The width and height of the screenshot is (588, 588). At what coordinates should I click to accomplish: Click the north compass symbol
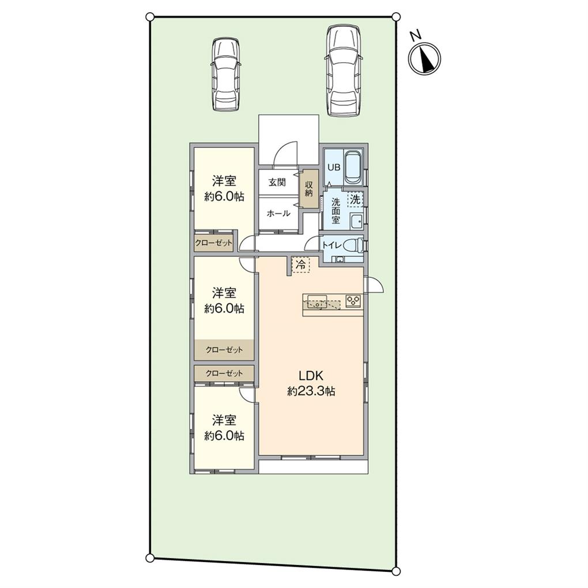pyautogui.click(x=425, y=59)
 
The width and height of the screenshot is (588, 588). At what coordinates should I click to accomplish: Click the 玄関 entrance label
pyautogui.click(x=277, y=183)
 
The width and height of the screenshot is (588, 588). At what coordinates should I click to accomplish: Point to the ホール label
pyautogui.click(x=278, y=213)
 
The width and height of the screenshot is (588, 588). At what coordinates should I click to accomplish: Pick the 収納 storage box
pyautogui.click(x=309, y=189)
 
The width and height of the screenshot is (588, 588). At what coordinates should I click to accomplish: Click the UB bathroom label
pyautogui.click(x=334, y=167)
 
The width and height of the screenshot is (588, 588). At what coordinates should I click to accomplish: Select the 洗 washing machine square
pyautogui.click(x=355, y=200)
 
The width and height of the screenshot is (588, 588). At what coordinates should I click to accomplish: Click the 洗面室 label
pyautogui.click(x=336, y=212)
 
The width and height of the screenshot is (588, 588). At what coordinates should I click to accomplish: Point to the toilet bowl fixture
pyautogui.click(x=357, y=244)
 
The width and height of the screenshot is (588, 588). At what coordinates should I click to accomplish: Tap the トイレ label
pyautogui.click(x=331, y=244)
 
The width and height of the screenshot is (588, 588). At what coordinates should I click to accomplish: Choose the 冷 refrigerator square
pyautogui.click(x=300, y=265)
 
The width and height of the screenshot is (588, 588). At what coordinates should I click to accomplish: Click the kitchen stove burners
pyautogui.click(x=353, y=300)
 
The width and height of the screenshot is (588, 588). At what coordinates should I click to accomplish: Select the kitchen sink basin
pyautogui.click(x=316, y=300)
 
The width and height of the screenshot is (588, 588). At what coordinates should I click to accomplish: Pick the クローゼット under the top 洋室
pyautogui.click(x=214, y=243)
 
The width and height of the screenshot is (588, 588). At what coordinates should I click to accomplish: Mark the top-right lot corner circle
pyautogui.click(x=396, y=17)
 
